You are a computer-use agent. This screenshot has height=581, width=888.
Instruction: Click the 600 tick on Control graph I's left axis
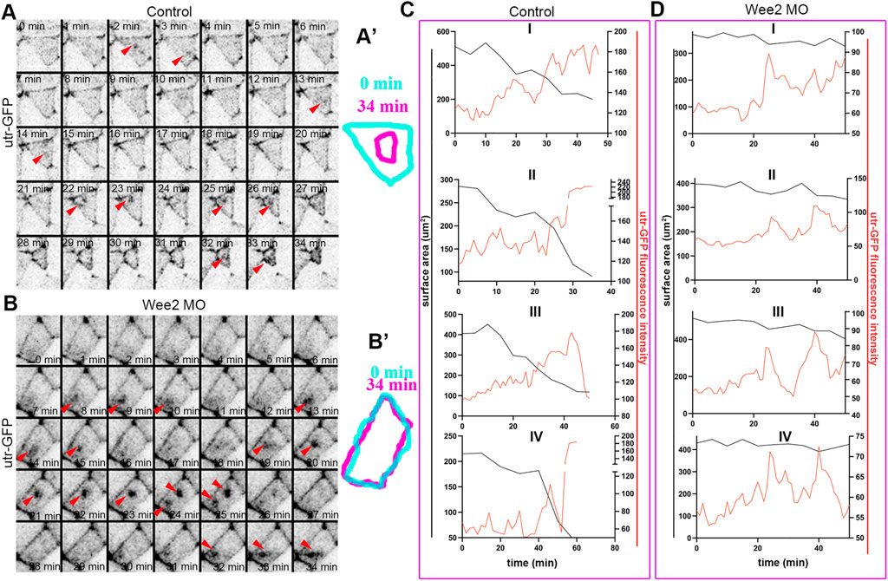tap(441, 31)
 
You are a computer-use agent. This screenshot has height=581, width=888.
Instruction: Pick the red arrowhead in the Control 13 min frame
tap(314, 106)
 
